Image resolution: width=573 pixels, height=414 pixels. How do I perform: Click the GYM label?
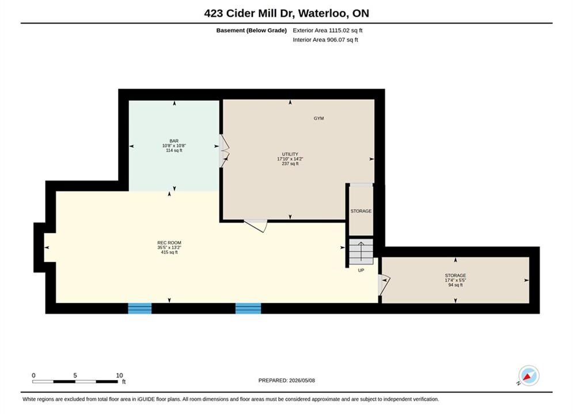coord(318,118)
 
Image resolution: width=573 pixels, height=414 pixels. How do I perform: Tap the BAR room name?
coord(174,141)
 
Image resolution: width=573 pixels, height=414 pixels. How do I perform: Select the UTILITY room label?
coord(290,154)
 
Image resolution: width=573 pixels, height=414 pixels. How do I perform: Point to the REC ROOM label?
coord(169,243)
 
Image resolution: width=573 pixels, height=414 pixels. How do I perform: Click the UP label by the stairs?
coord(361,270)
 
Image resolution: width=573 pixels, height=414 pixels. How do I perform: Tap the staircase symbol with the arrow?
coord(361,252)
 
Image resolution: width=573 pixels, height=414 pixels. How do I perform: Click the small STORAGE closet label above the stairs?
coord(361,211)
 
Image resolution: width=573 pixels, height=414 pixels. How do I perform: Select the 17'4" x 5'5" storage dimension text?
coord(456,280)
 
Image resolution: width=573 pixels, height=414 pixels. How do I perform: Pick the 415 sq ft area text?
coord(169,252)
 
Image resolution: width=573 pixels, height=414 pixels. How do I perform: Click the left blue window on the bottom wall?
coord(139,309)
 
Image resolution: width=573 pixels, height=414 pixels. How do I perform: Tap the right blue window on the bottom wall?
coord(248,309)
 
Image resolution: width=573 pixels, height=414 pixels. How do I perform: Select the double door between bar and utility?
coord(224,151)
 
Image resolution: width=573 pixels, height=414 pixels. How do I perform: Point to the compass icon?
coord(529,375)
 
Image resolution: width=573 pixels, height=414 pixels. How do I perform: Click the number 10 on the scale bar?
coord(120,375)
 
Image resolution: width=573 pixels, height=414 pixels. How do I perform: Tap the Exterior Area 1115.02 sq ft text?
coord(328,30)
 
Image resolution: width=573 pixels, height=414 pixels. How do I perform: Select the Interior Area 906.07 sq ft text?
coord(325,40)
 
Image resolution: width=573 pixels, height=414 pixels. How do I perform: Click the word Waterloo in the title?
coord(322,13)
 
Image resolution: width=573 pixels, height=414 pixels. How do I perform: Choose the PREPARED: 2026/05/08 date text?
coord(287,381)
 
